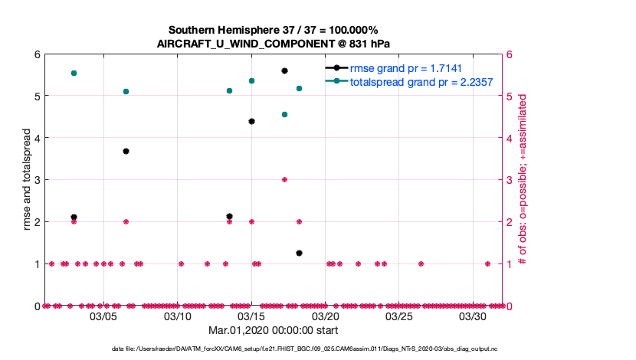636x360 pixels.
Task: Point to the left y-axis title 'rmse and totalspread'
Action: tap(28, 179)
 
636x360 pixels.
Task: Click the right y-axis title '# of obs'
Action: tap(522, 179)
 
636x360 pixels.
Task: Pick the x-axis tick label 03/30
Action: tap(473, 316)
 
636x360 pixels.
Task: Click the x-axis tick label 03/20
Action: tap(325, 316)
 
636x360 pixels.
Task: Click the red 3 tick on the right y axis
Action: tap(510, 180)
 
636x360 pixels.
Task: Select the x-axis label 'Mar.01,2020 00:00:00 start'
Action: tap(274, 330)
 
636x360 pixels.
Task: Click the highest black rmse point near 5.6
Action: tap(284, 70)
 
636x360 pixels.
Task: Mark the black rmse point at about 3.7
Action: tap(126, 152)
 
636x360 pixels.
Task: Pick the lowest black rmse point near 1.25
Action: tap(299, 253)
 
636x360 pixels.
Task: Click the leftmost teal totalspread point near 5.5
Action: tap(74, 73)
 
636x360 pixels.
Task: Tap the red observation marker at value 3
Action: tap(284, 179)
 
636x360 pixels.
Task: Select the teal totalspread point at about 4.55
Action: tap(284, 114)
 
